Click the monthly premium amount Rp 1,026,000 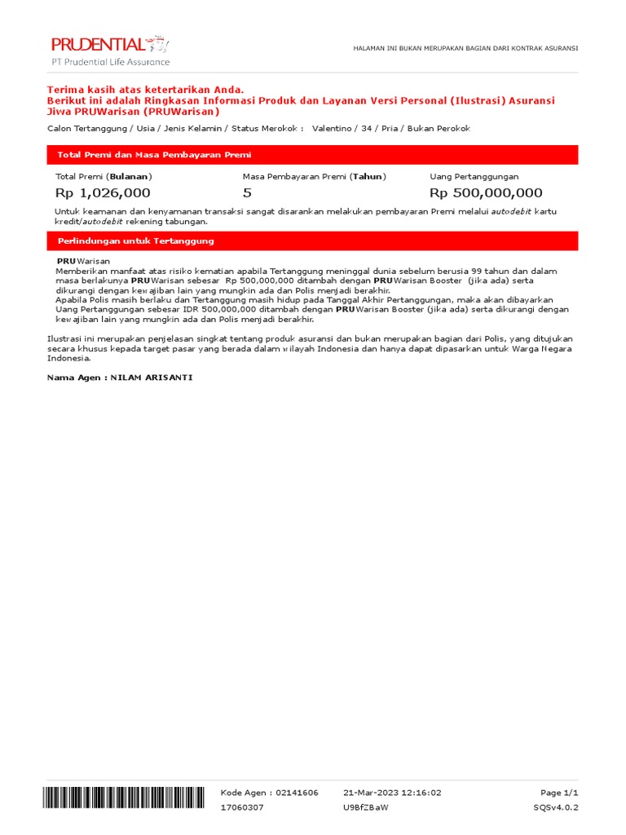(x=103, y=193)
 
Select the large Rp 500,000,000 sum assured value (x=486, y=193)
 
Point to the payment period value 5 (x=247, y=193)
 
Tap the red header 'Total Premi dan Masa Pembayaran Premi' (x=154, y=155)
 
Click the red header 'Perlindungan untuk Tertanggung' (x=135, y=241)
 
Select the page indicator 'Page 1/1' (x=559, y=793)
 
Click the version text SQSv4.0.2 (x=555, y=807)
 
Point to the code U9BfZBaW (x=366, y=807)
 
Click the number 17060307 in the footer (x=243, y=807)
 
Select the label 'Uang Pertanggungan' (x=474, y=176)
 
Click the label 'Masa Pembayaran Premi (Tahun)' (x=315, y=176)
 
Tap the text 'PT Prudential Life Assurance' (x=111, y=62)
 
